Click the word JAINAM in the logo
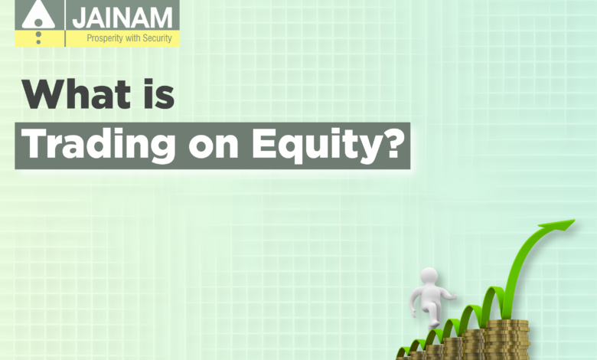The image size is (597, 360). coord(122,18)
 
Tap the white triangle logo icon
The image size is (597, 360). coord(38,15)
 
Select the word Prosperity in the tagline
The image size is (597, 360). coord(105,38)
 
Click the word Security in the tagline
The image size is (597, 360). coord(157,38)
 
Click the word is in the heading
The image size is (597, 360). coord(159,94)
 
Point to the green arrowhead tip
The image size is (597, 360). coord(574,220)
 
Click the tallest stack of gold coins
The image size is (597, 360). coord(508,339)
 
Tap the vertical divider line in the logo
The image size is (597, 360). coord(65,23)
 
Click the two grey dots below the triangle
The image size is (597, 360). coord(38,38)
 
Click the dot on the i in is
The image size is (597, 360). coord(150,83)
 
